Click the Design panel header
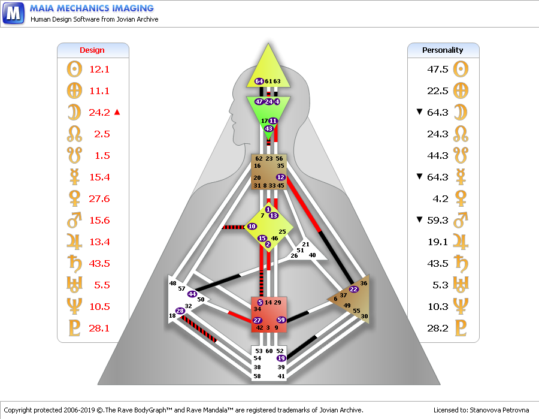[92, 50]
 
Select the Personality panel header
[443, 50]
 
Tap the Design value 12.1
[99, 69]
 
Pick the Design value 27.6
[99, 198]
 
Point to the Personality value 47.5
[438, 69]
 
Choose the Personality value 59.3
[438, 220]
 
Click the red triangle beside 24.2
[118, 112]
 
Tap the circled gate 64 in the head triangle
[259, 81]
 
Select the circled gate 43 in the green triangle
[269, 128]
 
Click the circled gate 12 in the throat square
[280, 177]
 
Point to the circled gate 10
[252, 227]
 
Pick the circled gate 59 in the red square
[281, 319]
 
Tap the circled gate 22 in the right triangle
[354, 289]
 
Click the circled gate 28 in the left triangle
[180, 311]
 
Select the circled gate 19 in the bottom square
[280, 358]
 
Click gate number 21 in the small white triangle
[305, 245]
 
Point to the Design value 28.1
[99, 328]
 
